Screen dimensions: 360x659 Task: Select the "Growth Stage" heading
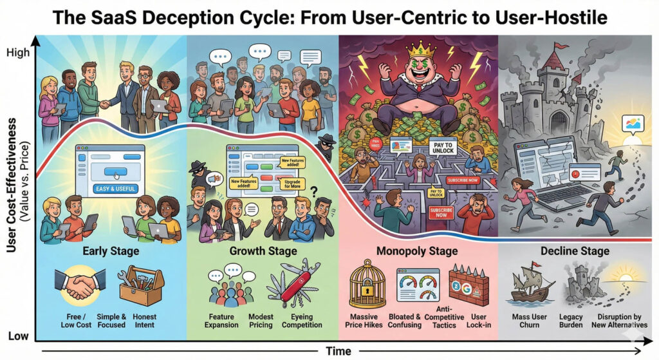[x=263, y=251]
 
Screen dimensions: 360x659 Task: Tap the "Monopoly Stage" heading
[x=417, y=251]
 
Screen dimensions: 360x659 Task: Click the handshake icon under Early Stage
[x=80, y=284]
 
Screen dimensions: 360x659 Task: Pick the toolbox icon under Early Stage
[x=141, y=284]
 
